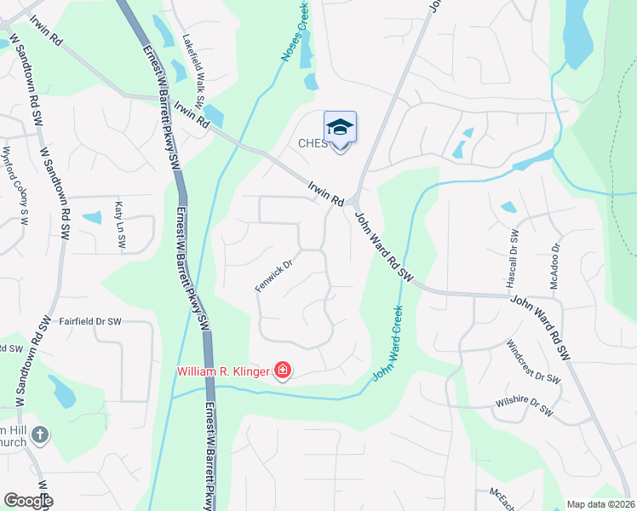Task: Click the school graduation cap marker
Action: click(x=340, y=129)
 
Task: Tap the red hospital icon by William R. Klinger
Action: click(x=283, y=370)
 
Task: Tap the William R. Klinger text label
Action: click(x=224, y=371)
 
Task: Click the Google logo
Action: click(x=28, y=501)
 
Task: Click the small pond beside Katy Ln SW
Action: click(x=91, y=217)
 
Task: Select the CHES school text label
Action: click(x=313, y=143)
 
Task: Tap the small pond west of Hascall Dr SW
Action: click(x=508, y=207)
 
